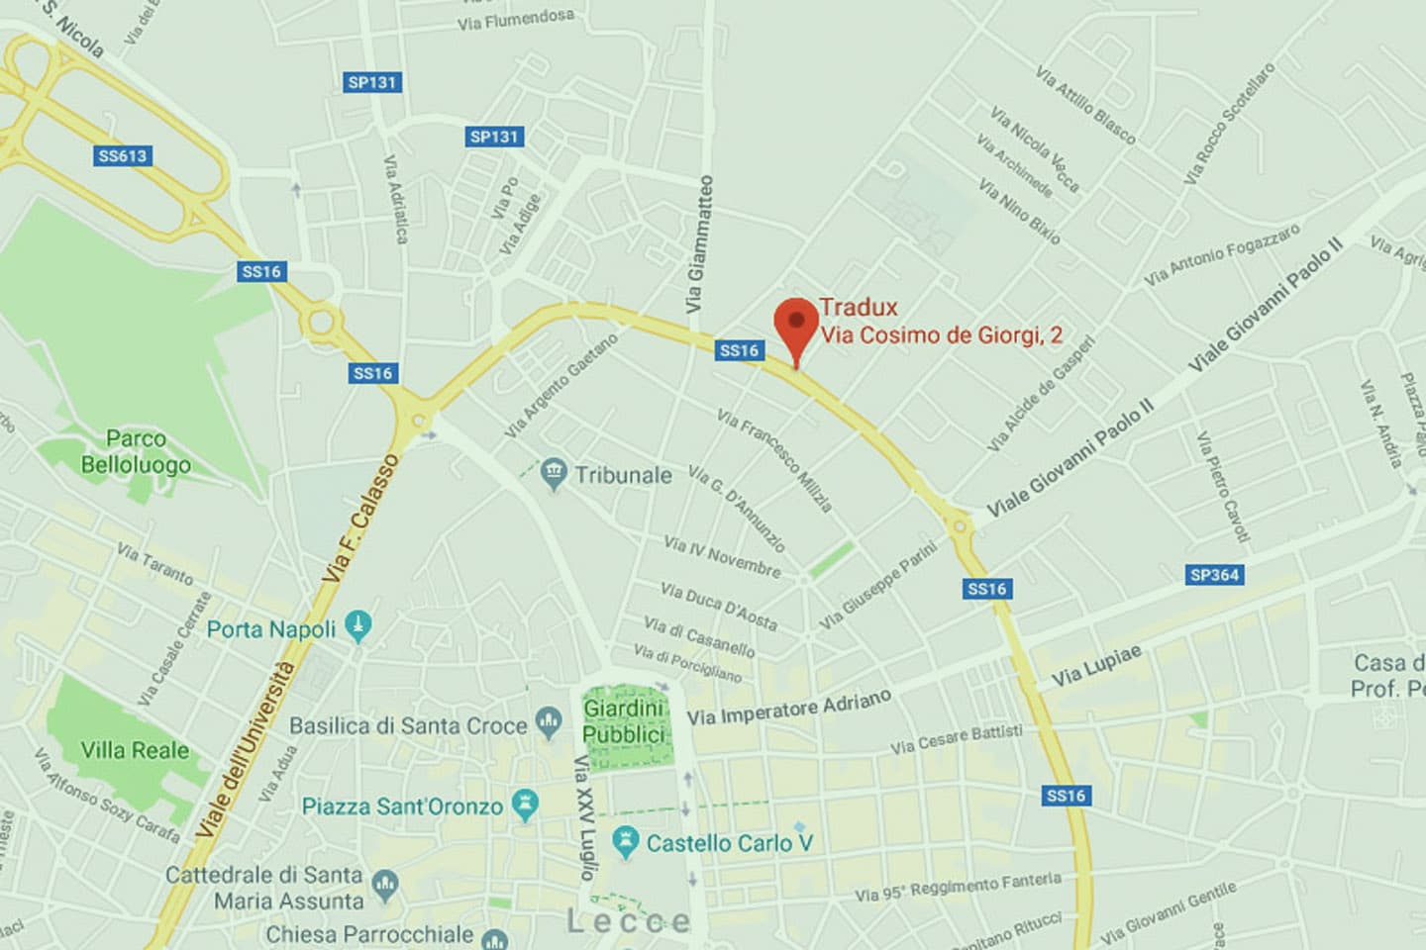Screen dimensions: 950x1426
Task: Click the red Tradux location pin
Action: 795,325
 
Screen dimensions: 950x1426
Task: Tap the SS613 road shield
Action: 123,155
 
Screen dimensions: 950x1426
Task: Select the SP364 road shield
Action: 1214,575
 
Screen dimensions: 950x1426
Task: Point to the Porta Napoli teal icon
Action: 358,625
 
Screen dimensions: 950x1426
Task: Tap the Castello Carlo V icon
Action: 625,842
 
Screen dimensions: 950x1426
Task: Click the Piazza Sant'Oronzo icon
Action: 525,805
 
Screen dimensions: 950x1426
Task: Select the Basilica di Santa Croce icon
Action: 548,722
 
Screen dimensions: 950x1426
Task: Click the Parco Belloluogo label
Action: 136,451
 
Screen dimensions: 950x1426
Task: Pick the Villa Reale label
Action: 135,750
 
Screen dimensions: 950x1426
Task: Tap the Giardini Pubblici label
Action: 623,721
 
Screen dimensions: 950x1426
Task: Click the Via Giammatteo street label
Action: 699,244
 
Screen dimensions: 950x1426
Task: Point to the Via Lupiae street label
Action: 1096,666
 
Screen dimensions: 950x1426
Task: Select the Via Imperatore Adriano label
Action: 789,708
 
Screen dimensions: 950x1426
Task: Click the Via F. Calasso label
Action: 360,519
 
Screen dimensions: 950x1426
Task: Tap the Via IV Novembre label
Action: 722,557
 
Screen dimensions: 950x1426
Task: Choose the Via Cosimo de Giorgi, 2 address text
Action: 941,335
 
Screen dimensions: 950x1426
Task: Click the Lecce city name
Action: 628,922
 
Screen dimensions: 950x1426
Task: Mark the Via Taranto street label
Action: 154,562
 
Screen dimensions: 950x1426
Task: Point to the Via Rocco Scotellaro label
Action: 1229,123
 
